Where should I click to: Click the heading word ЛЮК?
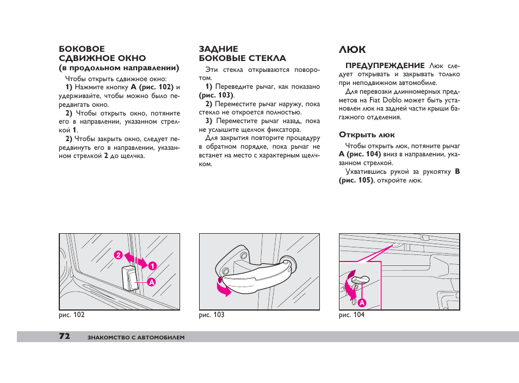tap(352, 50)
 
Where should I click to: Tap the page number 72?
tap(65, 336)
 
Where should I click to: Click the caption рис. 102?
tap(71, 315)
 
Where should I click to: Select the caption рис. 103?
tap(212, 315)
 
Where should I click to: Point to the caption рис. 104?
tap(351, 315)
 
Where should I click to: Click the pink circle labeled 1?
tap(152, 266)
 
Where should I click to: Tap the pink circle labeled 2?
tap(118, 255)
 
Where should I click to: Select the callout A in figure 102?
tap(151, 283)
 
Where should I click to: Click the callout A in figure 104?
tap(362, 303)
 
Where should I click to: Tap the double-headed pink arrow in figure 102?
tap(135, 260)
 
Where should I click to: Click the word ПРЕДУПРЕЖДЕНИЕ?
tap(385, 66)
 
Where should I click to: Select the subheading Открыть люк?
tap(367, 135)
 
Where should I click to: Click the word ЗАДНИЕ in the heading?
tap(219, 49)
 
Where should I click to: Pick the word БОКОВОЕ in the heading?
tap(82, 49)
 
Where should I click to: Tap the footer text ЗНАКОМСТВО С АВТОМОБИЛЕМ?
tap(136, 338)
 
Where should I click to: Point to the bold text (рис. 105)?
tap(356, 180)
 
